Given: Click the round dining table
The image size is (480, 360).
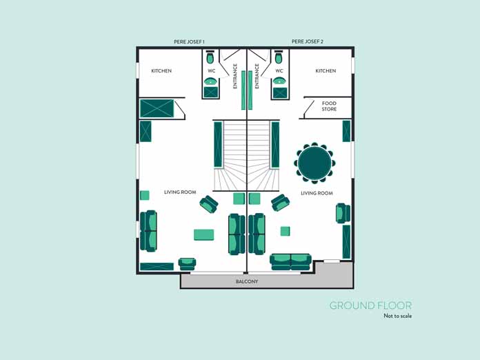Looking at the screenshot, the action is click(314, 163).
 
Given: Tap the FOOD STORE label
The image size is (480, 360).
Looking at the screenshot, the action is click(329, 106).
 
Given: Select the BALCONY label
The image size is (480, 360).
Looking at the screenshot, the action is click(247, 281).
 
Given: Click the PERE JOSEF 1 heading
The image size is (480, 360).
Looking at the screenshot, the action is click(189, 41).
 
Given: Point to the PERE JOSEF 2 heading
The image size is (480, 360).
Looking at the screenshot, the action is click(308, 41).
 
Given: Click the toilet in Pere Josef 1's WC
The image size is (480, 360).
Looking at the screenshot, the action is click(210, 57).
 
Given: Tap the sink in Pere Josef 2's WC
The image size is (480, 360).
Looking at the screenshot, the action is click(279, 81).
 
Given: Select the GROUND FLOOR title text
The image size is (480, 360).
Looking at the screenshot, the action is click(370, 306).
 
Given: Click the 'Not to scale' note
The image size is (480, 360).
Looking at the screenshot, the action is click(398, 316).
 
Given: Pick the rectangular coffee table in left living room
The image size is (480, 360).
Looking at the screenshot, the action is click(204, 234).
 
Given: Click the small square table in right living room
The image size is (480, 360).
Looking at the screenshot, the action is click(285, 231).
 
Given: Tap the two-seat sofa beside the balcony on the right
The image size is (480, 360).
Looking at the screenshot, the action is click(290, 262).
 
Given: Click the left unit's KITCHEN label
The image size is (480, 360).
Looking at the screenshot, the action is click(161, 71).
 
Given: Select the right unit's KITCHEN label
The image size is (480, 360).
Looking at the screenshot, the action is click(326, 71).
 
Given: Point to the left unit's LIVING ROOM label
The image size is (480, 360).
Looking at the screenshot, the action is click(180, 192).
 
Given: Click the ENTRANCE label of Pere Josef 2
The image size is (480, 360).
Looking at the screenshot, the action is click(257, 76).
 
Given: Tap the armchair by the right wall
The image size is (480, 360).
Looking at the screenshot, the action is click(343, 213).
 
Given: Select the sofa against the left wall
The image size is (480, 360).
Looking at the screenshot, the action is click(148, 231).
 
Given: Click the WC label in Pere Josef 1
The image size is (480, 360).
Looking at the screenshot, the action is click(212, 71).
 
